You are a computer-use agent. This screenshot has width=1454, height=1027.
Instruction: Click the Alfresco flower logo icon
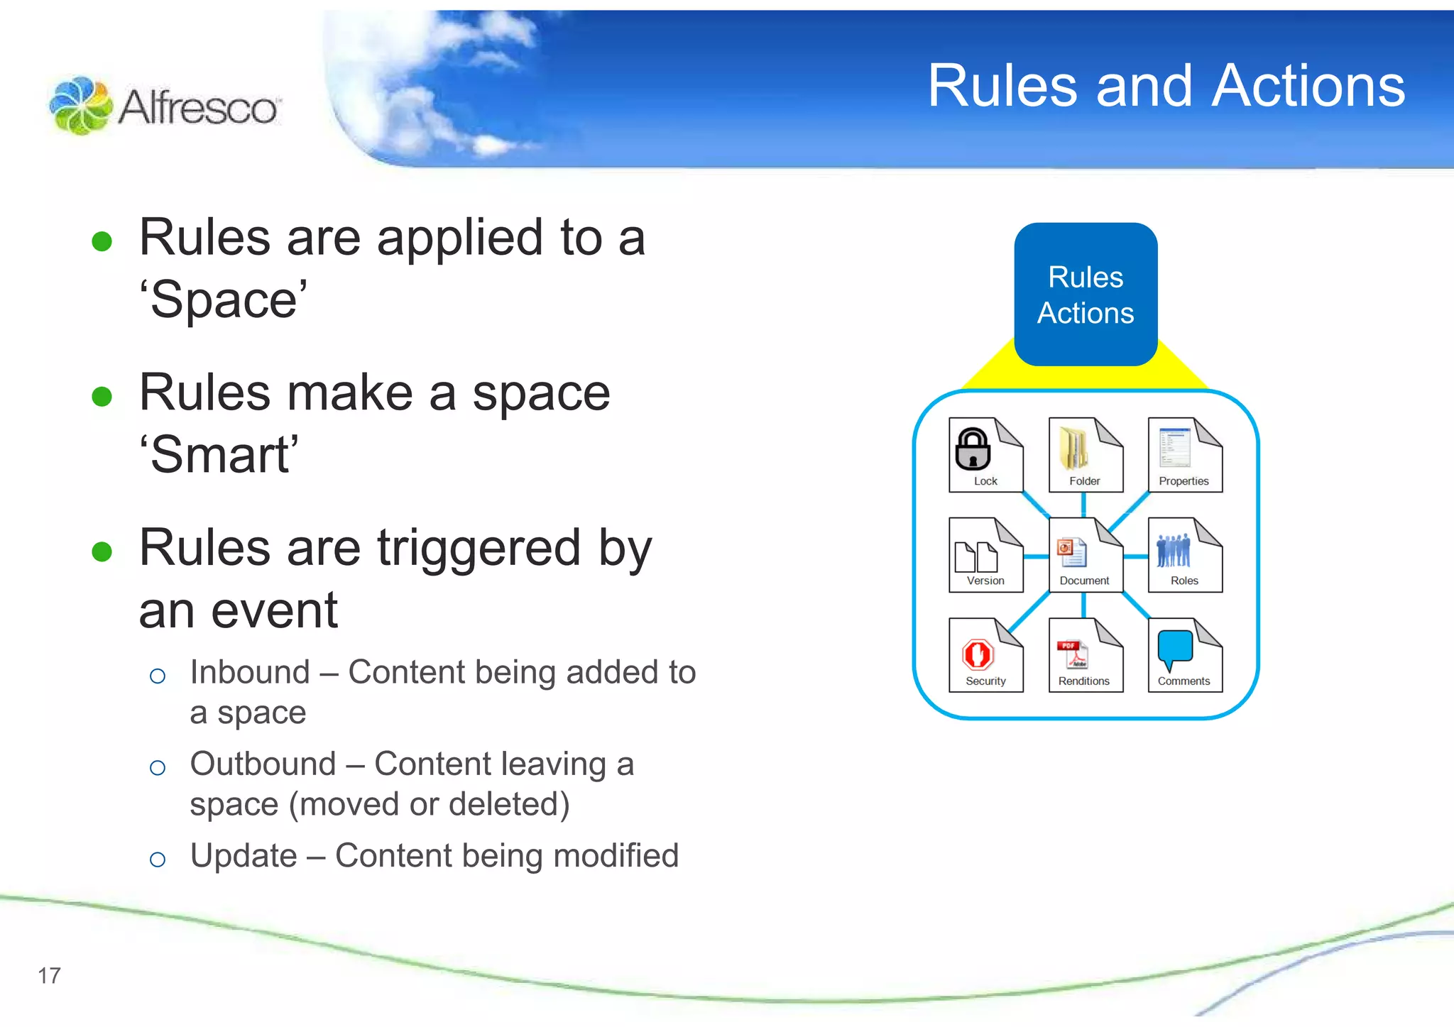point(80,106)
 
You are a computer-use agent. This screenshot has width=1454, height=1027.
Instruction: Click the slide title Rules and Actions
point(1166,86)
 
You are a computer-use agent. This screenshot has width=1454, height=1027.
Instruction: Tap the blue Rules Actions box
point(1086,295)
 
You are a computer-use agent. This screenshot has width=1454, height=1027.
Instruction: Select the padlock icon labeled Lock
point(973,449)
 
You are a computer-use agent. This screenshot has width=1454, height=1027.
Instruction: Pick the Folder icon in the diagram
point(1074,449)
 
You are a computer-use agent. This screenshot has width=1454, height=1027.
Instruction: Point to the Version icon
point(976,556)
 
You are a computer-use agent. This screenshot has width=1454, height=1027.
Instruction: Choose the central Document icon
point(1072,553)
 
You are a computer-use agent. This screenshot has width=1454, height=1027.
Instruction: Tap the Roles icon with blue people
point(1174,551)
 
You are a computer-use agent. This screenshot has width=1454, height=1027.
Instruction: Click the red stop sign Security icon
point(978,654)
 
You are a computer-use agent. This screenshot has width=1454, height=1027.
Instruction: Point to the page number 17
point(49,976)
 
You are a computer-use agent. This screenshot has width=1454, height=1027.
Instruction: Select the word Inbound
point(250,672)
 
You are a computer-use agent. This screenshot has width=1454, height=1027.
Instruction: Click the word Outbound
point(263,764)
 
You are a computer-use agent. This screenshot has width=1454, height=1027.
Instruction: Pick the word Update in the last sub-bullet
point(244,856)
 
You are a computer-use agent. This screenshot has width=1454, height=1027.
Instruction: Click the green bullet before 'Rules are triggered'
point(102,551)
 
